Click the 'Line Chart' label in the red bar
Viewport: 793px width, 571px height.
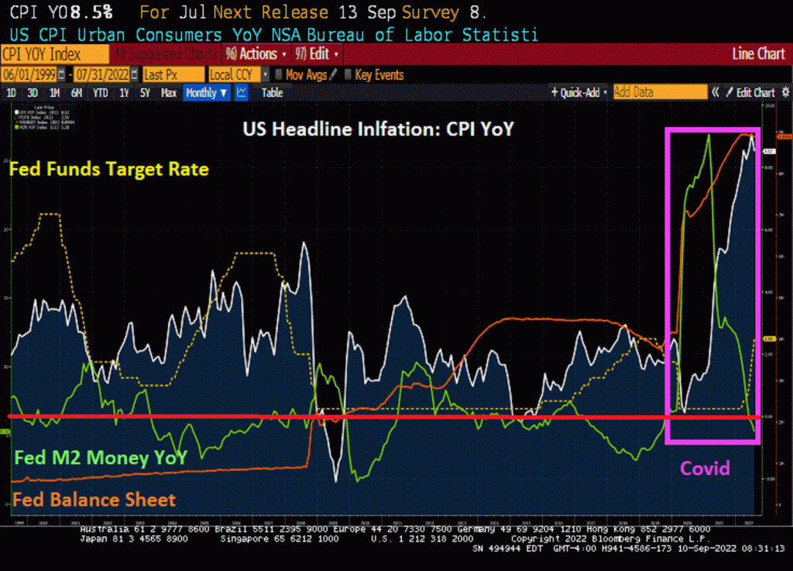[x=758, y=54]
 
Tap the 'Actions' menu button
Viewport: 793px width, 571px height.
[x=256, y=54]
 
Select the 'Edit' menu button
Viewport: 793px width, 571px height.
[x=317, y=54]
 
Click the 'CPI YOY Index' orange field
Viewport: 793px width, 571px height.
[x=54, y=54]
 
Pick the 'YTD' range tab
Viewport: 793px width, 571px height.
[x=101, y=93]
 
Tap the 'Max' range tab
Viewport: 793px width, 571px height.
[x=169, y=93]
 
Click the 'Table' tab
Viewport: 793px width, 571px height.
[x=272, y=93]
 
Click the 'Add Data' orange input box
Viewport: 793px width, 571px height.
[x=659, y=92]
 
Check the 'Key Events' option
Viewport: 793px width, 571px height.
[x=379, y=74]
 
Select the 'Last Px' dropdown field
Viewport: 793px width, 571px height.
[x=172, y=74]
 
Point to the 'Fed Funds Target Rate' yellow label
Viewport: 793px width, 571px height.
[x=109, y=169]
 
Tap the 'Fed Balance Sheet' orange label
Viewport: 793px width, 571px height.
[x=94, y=500]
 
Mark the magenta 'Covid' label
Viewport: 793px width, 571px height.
[x=705, y=467]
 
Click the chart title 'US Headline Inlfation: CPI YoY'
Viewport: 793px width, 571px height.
[x=378, y=129]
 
